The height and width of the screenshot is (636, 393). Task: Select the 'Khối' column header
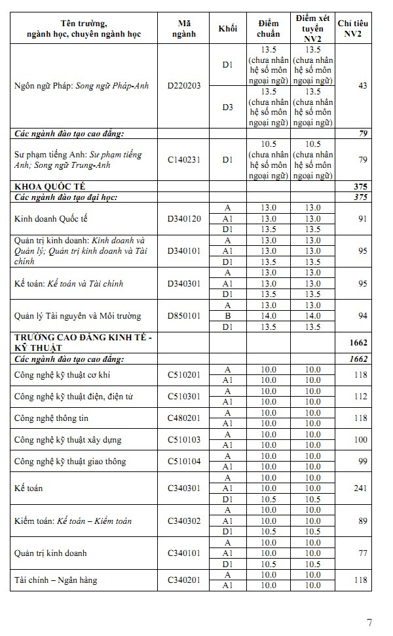(227, 28)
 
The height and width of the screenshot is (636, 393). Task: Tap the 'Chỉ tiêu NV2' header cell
(352, 28)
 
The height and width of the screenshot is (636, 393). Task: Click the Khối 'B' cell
(227, 316)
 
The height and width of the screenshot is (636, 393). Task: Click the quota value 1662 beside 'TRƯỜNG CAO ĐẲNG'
(358, 342)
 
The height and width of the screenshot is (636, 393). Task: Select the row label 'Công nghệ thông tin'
(51, 418)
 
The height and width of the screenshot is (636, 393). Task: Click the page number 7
(369, 622)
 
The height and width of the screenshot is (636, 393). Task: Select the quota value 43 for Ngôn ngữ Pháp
(362, 86)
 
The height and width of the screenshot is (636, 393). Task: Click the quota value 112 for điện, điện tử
(360, 396)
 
